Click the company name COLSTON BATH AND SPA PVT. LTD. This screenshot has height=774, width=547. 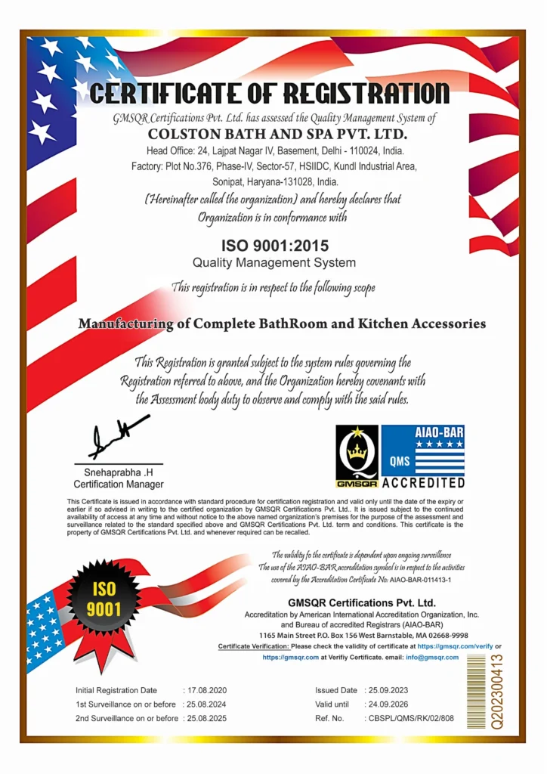(277, 135)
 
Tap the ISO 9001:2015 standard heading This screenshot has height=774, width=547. (273, 246)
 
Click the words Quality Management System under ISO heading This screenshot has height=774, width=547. (273, 263)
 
